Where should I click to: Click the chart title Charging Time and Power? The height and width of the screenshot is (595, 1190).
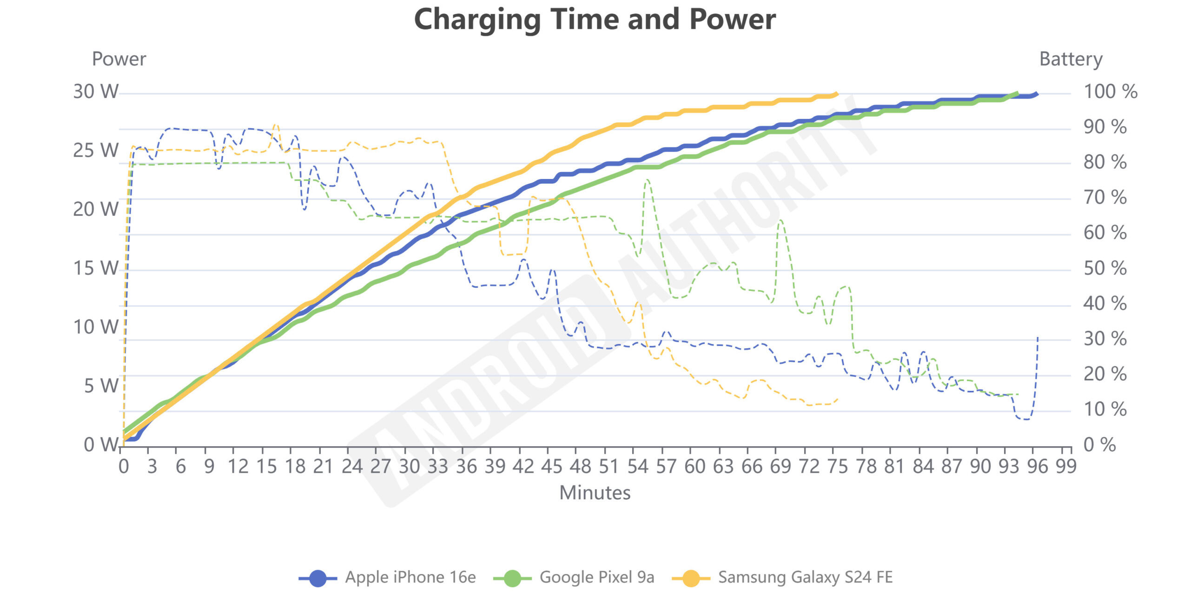click(x=595, y=20)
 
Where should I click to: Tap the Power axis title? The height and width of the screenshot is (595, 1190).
click(x=119, y=59)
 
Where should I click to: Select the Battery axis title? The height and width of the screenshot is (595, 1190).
click(x=1071, y=59)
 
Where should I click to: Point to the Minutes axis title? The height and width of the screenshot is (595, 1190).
click(x=595, y=493)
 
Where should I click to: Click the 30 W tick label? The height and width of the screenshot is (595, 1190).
click(x=96, y=92)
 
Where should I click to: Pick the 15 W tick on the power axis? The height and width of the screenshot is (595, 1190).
click(x=96, y=268)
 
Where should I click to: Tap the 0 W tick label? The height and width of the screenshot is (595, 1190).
click(x=101, y=445)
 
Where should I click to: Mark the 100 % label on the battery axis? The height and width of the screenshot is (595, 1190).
click(x=1110, y=92)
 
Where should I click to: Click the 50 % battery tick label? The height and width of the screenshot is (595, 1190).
click(x=1104, y=268)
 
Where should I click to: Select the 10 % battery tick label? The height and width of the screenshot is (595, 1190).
click(x=1104, y=410)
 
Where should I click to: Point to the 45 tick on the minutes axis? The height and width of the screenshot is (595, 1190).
click(x=552, y=466)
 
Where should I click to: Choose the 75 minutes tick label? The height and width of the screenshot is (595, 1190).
click(x=837, y=466)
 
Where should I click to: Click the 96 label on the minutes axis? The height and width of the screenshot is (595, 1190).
click(x=1037, y=466)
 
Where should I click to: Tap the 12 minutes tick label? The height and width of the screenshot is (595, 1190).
click(x=238, y=466)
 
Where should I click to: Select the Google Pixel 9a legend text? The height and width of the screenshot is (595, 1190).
click(x=596, y=577)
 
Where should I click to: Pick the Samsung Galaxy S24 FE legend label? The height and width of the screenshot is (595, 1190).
click(x=805, y=577)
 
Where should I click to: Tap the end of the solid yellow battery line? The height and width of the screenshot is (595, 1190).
click(x=837, y=94)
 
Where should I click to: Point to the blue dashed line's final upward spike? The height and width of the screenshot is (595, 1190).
click(x=1037, y=338)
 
